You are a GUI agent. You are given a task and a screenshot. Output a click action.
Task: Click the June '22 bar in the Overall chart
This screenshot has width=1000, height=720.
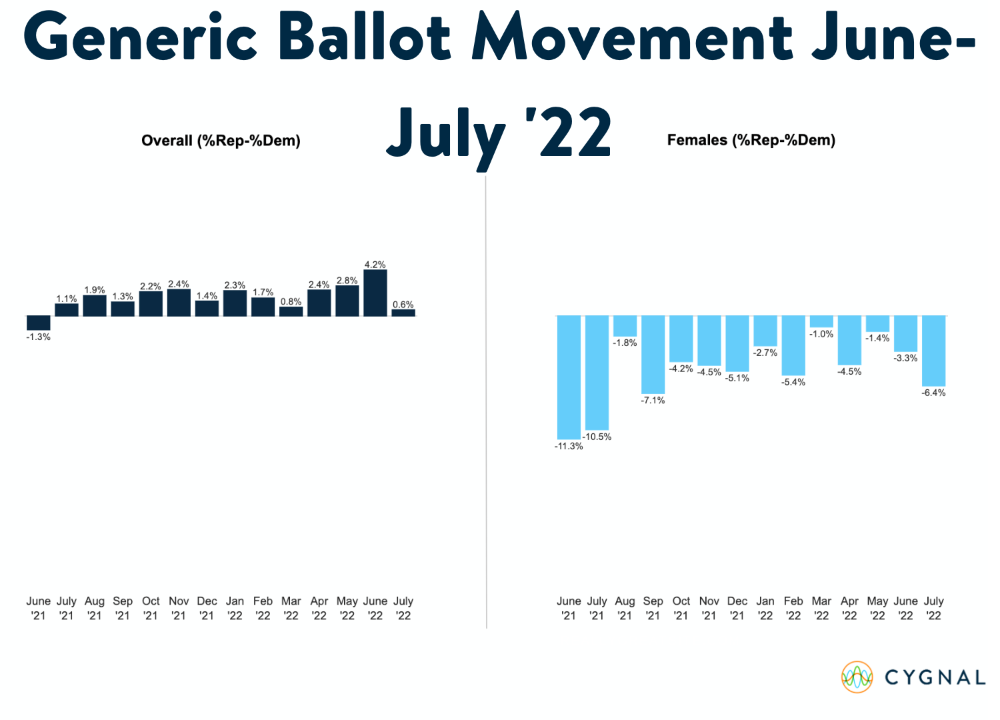(375, 293)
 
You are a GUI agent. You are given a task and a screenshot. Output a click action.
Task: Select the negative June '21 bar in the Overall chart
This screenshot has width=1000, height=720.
(39, 323)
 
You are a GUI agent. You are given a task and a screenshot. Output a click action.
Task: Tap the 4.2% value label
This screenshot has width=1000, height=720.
(375, 265)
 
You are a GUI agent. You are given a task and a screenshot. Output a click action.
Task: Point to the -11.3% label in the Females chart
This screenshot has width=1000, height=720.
(569, 446)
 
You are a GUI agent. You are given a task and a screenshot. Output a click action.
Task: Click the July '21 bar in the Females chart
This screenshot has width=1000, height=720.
(597, 373)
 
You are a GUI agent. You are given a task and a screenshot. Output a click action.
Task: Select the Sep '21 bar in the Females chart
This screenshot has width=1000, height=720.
(653, 355)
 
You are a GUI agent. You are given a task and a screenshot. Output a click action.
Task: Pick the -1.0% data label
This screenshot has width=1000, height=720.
(821, 334)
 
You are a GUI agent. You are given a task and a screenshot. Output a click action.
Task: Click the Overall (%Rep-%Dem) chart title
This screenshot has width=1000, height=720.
(221, 141)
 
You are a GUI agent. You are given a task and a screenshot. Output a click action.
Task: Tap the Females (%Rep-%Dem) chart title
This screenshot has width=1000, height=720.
(751, 140)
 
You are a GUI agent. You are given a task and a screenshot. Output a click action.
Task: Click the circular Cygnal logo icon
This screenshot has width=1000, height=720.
(857, 677)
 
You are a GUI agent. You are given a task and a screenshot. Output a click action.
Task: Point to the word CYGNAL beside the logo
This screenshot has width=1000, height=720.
(935, 677)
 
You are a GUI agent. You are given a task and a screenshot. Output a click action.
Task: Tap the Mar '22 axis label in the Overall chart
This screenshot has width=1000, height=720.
(291, 608)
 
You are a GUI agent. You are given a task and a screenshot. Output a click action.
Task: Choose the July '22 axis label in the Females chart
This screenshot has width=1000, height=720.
(933, 608)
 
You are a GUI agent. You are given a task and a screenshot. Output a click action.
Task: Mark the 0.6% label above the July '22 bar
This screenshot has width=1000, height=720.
(403, 305)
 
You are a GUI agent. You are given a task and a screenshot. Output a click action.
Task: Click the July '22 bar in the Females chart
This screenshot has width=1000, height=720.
(933, 351)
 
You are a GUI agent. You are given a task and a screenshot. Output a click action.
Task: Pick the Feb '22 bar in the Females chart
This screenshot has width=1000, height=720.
(793, 345)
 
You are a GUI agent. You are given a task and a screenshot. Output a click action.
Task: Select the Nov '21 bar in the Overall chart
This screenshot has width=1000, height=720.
(179, 303)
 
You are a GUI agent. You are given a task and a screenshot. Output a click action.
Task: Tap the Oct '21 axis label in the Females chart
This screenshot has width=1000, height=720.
(681, 608)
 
